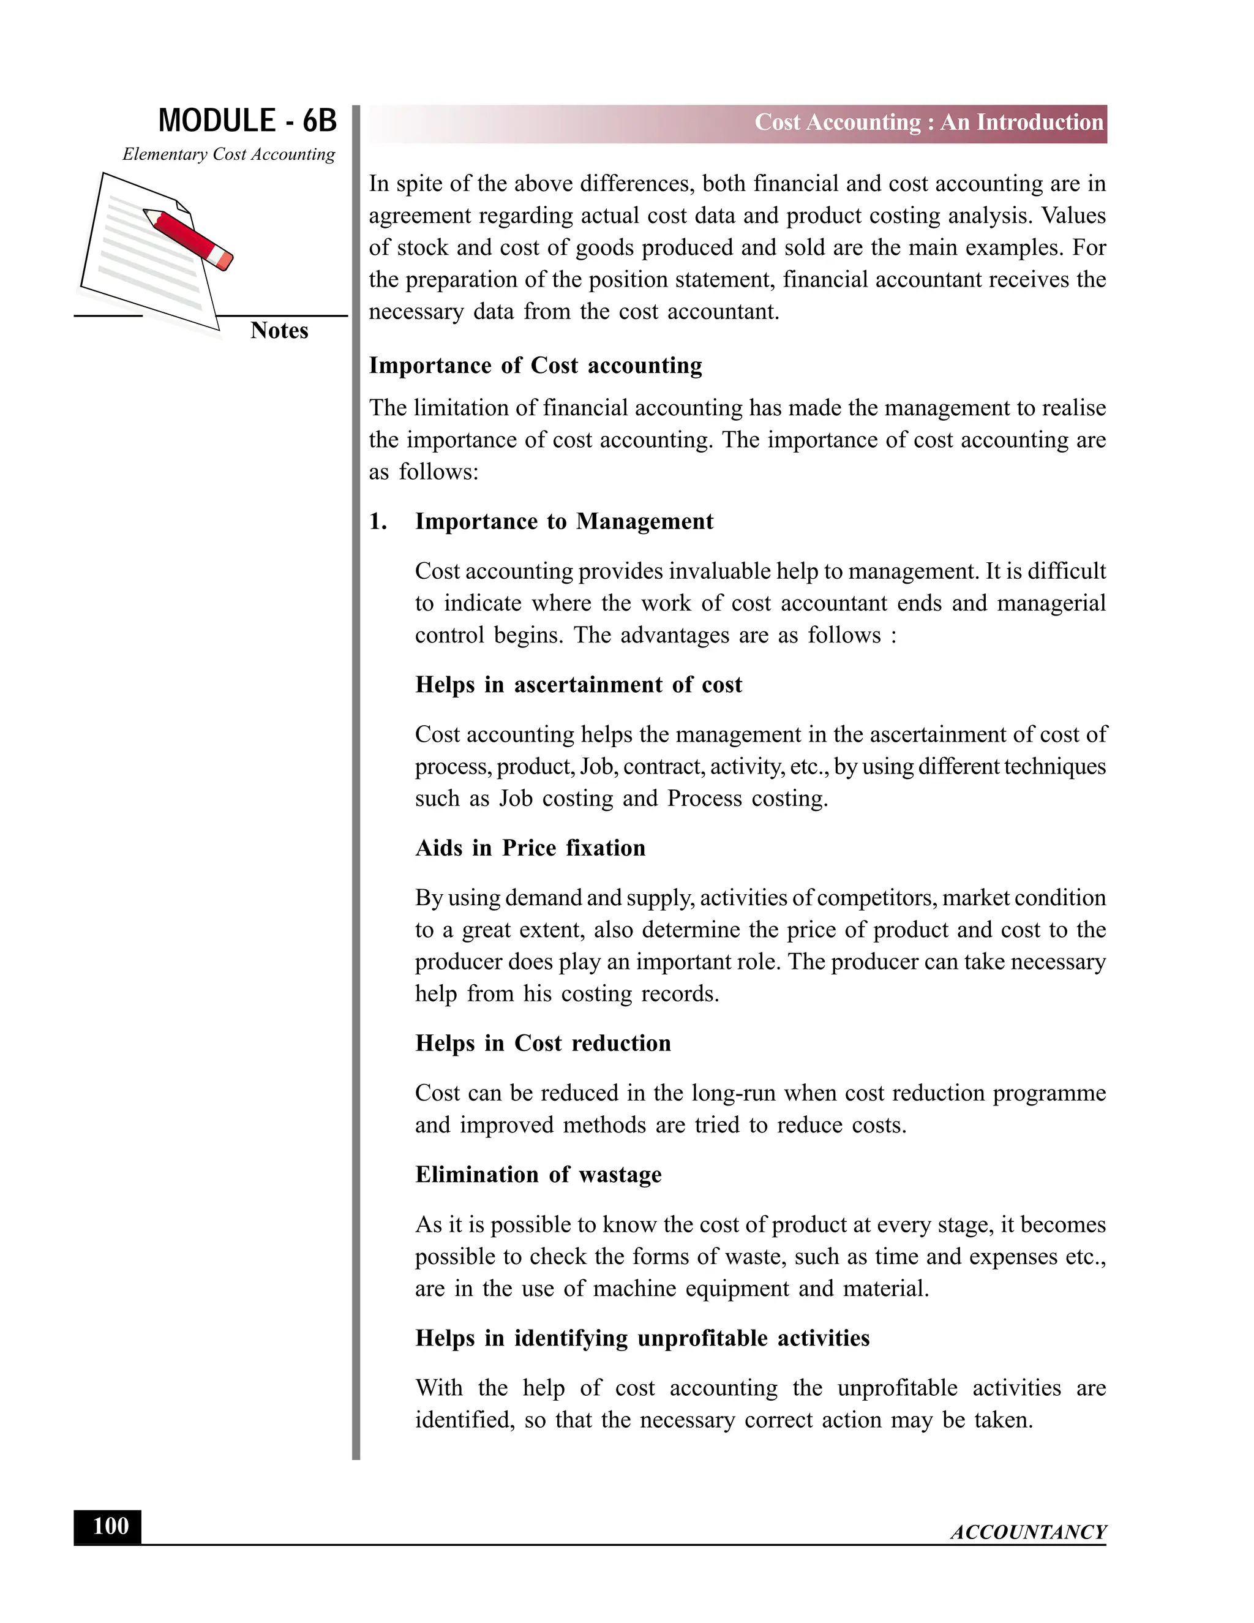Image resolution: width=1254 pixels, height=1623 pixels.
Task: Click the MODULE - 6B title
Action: click(247, 121)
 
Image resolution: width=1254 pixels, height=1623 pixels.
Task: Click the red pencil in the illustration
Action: click(189, 237)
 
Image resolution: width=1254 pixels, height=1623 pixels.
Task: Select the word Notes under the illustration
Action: click(279, 331)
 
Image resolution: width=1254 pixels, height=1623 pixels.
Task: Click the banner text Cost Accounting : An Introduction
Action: click(929, 122)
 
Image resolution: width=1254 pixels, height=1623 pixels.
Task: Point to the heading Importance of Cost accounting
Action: click(535, 366)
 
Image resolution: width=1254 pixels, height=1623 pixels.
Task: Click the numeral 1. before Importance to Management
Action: click(378, 522)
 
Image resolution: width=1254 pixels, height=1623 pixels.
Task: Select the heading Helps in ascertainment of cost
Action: click(578, 685)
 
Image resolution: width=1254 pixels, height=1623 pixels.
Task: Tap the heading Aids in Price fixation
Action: click(530, 848)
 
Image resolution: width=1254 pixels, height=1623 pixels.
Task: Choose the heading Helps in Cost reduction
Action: click(543, 1044)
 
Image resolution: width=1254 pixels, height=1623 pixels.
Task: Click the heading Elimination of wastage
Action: click(538, 1174)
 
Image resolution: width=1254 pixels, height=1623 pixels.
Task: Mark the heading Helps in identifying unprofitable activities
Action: click(642, 1338)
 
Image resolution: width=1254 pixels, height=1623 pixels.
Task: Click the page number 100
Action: click(110, 1526)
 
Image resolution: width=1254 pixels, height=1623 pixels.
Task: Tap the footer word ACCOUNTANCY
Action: click(1028, 1532)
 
